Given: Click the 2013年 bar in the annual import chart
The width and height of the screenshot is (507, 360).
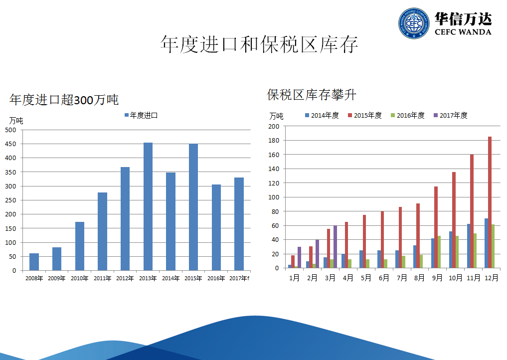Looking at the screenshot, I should click(148, 206).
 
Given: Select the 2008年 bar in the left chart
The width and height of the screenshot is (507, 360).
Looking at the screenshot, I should click(34, 262).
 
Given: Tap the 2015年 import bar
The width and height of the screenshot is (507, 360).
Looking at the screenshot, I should click(193, 207).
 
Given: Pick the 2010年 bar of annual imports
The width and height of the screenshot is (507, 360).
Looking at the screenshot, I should click(80, 246).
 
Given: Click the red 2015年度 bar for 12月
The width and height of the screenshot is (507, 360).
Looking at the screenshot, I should click(490, 202).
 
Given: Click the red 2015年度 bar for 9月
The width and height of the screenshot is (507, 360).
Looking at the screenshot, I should click(436, 227).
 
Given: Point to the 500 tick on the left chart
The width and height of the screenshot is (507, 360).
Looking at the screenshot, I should click(11, 130).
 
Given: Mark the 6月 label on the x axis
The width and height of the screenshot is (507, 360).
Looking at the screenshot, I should click(384, 278).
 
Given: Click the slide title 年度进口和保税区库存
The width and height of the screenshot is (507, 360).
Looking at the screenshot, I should click(259, 45).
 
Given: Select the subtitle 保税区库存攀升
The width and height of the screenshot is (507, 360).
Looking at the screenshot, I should click(312, 95).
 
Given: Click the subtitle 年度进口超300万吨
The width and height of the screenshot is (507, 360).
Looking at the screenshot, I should click(64, 100).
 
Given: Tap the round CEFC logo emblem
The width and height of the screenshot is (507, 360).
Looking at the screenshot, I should click(414, 23).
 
